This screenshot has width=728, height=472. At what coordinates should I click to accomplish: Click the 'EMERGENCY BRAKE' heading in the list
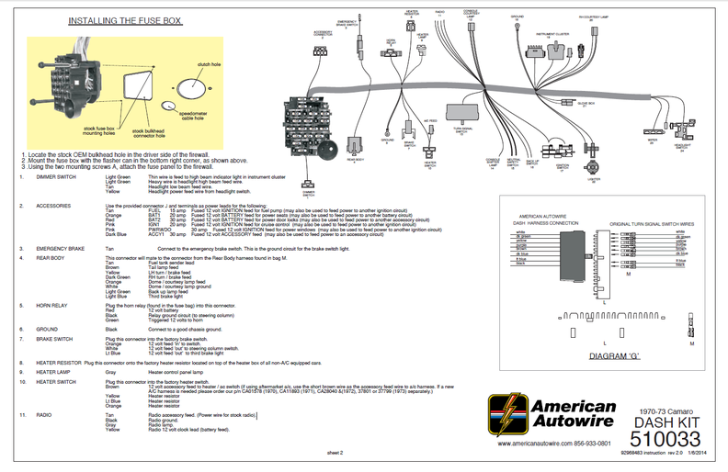(62, 249)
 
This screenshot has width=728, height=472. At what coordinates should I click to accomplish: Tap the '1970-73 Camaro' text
(667, 405)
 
